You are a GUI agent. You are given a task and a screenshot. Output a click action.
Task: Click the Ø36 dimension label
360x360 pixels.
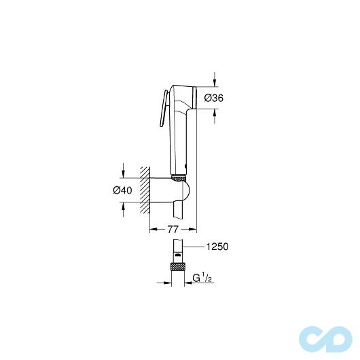pos(215,98)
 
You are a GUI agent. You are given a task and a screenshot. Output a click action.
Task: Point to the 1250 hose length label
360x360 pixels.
pos(215,247)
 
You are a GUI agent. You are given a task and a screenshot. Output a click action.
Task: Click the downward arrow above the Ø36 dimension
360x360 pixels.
pos(215,81)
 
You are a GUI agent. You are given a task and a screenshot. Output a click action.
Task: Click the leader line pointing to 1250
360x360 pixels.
pos(193,247)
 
